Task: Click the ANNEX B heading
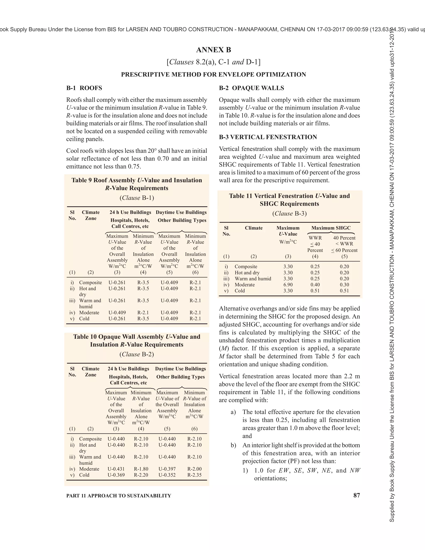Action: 213,50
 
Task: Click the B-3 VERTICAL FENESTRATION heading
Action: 268,137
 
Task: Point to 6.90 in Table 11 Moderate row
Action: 288,285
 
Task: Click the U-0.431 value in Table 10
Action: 116,469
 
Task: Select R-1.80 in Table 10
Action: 141,469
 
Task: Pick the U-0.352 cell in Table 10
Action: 167,475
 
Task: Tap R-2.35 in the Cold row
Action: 194,475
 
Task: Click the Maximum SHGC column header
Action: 331,228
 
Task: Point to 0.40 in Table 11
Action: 315,285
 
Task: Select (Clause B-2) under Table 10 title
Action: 137,354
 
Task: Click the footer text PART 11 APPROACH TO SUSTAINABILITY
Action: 118,496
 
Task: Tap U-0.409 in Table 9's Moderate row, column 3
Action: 117,313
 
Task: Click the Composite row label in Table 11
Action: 246,266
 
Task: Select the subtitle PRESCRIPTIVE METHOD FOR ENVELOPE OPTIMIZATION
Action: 213,75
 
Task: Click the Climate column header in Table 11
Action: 254,228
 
